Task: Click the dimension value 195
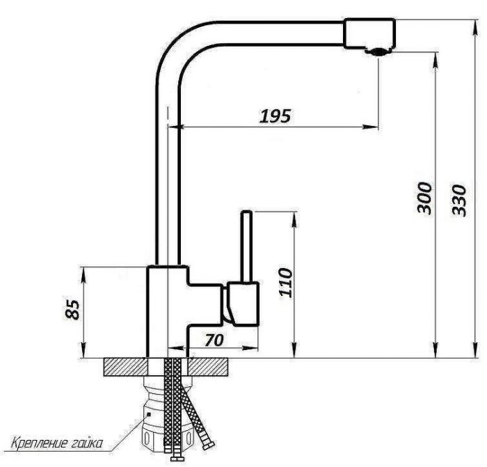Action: (276, 116)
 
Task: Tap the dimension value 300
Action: (424, 198)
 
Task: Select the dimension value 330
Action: (459, 200)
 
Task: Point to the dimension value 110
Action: (286, 283)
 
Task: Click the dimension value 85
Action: (72, 310)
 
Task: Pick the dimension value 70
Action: (214, 340)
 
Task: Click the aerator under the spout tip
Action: (378, 52)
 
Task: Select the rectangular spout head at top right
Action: (369, 33)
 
